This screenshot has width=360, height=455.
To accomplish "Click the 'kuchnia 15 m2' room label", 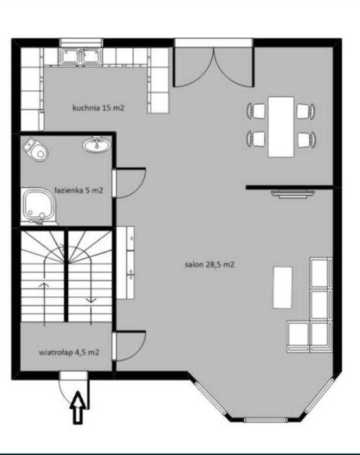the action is coord(98,108).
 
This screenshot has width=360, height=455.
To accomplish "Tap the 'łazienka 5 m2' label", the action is coord(79,190).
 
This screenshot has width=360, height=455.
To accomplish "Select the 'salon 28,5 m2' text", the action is coord(210,265).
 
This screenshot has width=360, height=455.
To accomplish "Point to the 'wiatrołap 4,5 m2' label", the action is coord(69,353).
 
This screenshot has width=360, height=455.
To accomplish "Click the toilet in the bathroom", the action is coord(35,148).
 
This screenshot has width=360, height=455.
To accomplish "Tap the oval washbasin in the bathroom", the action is coord(97,145).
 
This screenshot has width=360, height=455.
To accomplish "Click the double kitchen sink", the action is coord(81,56).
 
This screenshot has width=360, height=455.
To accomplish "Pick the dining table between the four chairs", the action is coord(281,127).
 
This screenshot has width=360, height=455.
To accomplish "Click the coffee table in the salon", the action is coord(283,288).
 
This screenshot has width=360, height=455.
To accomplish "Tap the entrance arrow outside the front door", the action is coord(78,407).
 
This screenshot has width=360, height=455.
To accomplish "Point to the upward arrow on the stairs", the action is coord(44,303).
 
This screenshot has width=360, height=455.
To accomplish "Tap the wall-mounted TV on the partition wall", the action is coord(293,194).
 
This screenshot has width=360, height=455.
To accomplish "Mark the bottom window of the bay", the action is coord(266,420).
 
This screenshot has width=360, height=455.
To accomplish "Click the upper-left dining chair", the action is coord(256,111).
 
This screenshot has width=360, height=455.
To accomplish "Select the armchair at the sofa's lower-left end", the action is coord(298,337).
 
